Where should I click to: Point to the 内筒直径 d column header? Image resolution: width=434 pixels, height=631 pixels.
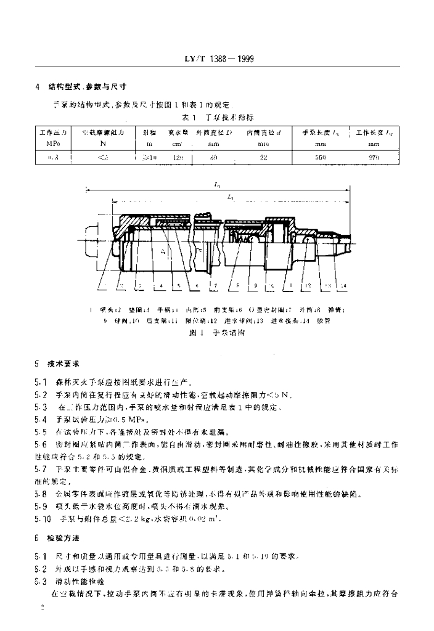[264, 132]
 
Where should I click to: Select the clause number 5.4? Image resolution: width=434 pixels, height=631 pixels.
[40, 419]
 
